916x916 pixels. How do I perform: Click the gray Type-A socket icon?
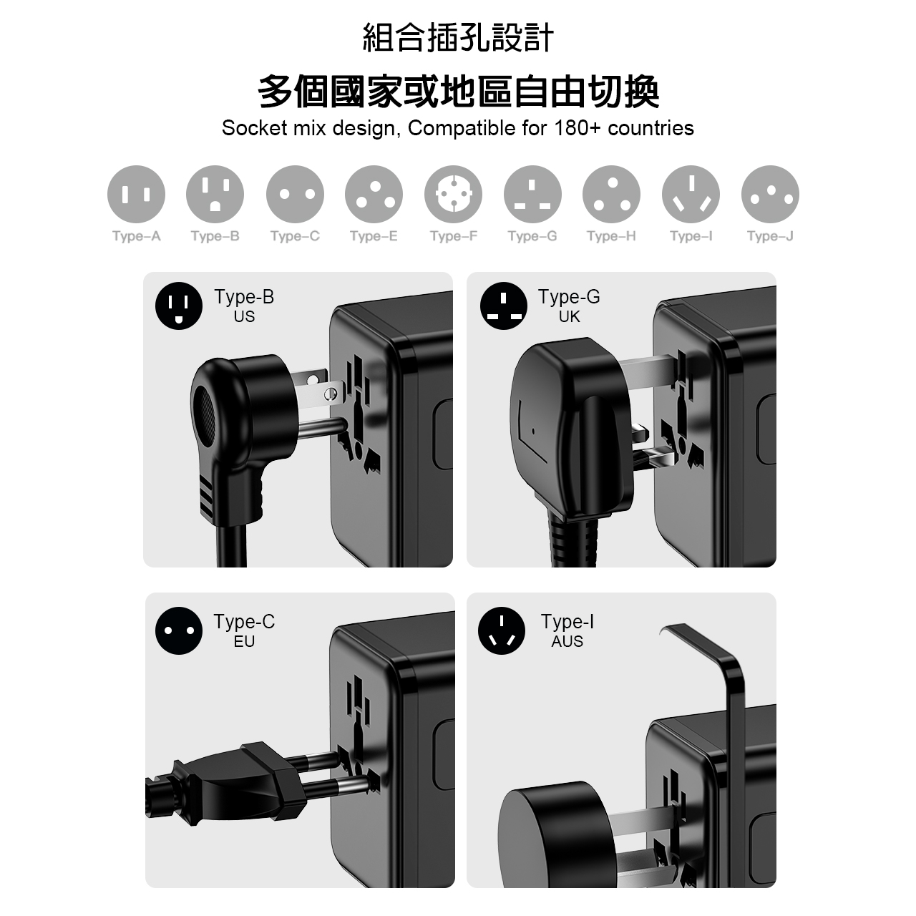(136, 194)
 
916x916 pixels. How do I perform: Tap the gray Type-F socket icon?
(453, 194)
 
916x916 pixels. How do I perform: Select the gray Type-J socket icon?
(770, 194)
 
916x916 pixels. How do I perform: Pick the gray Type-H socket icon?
(611, 194)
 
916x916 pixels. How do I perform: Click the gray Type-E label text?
(374, 236)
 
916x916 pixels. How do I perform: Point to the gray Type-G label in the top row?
(532, 236)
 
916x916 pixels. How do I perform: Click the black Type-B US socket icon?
(179, 306)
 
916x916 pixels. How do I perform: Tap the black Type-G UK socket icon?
(503, 306)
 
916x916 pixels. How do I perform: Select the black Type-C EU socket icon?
(179, 630)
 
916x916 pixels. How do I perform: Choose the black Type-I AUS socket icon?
(502, 630)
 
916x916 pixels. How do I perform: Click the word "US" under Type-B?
(244, 316)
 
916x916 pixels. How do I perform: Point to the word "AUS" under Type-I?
(567, 641)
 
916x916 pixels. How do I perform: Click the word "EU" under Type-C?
(244, 641)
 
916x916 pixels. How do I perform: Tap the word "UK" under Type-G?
(569, 316)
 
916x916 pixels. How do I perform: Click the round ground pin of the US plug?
(323, 427)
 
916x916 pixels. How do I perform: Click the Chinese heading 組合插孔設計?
(458, 37)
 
